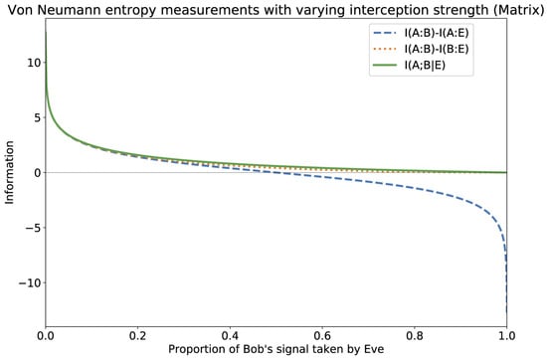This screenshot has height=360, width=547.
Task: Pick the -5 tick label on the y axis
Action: (x=30, y=228)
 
